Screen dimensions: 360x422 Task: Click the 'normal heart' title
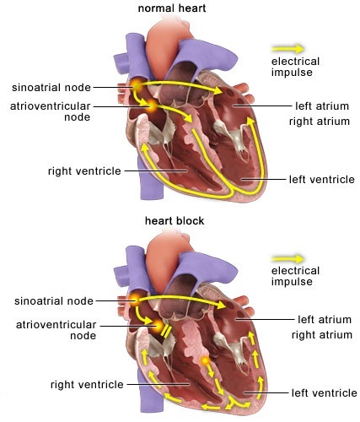pyautogui.click(x=172, y=8)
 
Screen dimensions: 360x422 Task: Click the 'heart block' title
pyautogui.click(x=175, y=221)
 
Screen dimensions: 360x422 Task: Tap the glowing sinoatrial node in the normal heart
pyautogui.click(x=137, y=84)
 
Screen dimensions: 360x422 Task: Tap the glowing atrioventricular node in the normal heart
pyautogui.click(x=152, y=105)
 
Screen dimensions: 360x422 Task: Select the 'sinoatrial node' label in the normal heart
pyautogui.click(x=51, y=88)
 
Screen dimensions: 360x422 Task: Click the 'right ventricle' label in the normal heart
pyautogui.click(x=84, y=171)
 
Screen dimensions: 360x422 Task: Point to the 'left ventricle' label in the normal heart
pyautogui.click(x=322, y=180)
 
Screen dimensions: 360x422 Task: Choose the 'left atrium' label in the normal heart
pyautogui.click(x=322, y=106)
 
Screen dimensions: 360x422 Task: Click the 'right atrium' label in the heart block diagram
pyautogui.click(x=322, y=335)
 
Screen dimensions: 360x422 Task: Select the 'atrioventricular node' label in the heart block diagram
pyautogui.click(x=56, y=330)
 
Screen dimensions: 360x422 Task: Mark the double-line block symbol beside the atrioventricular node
pyautogui.click(x=166, y=331)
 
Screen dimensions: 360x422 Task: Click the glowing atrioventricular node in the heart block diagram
pyautogui.click(x=158, y=326)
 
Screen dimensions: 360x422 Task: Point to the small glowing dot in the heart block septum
pyautogui.click(x=206, y=360)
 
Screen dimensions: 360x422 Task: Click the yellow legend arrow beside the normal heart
pyautogui.click(x=287, y=49)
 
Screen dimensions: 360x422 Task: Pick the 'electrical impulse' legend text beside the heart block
pyautogui.click(x=295, y=276)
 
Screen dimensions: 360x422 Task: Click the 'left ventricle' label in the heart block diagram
pyautogui.click(x=325, y=393)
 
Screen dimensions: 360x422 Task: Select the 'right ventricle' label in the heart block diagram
pyautogui.click(x=87, y=385)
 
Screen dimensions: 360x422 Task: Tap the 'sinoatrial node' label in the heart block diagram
pyautogui.click(x=54, y=301)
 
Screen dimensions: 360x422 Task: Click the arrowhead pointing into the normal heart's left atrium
pyautogui.click(x=218, y=90)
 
